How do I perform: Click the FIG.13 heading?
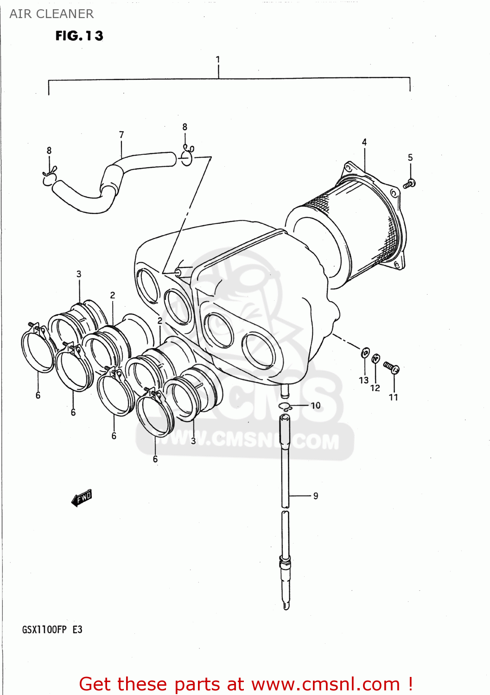(79, 36)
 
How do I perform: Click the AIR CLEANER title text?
(51, 14)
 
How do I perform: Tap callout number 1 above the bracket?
(218, 59)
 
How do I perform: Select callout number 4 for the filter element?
(364, 142)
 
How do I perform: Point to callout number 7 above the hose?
(121, 135)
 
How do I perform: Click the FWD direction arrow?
(82, 498)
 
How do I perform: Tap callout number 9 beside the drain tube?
(316, 496)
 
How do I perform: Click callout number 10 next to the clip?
(316, 405)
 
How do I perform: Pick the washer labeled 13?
(365, 354)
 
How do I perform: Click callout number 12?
(375, 388)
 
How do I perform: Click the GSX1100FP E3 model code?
(52, 630)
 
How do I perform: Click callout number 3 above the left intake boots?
(79, 274)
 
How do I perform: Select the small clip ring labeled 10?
(284, 407)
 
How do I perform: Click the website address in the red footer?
(325, 684)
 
